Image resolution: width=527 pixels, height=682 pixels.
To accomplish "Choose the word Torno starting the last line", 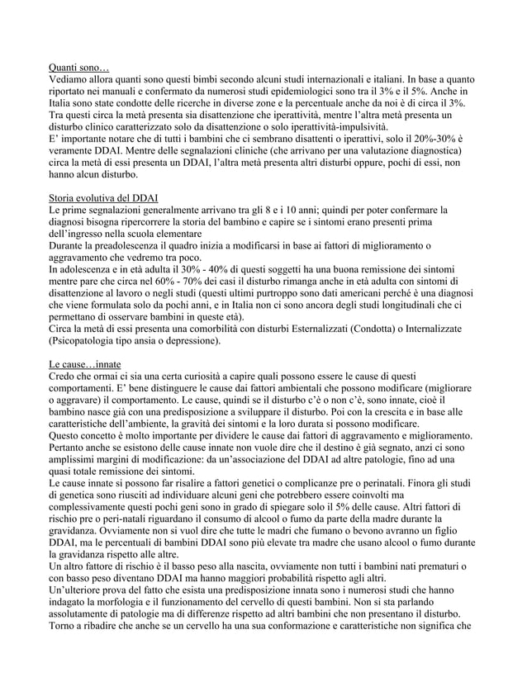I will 64,624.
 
